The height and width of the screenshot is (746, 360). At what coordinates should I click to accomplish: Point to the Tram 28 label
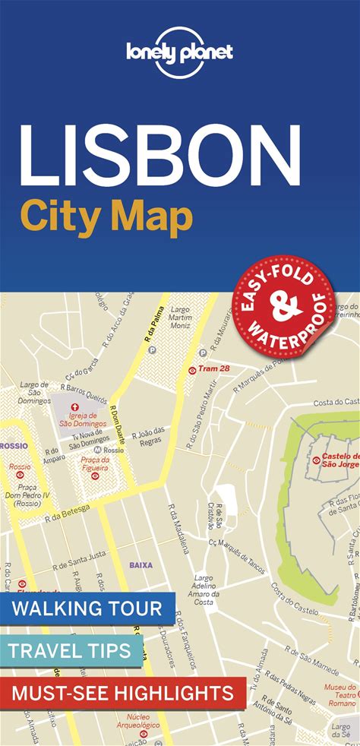[x=214, y=369]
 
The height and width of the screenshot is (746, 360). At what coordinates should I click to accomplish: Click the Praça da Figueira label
[x=96, y=463]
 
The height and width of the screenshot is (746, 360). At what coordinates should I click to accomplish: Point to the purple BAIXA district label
[x=141, y=564]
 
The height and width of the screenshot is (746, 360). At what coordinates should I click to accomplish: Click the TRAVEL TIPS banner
[x=71, y=650]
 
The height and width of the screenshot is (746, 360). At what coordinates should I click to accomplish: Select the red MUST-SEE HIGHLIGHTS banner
[x=122, y=692]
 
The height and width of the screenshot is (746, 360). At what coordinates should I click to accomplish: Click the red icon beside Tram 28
[x=192, y=370]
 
